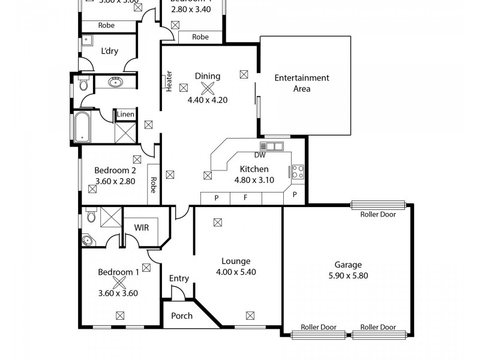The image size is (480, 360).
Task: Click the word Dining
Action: [x=208, y=76]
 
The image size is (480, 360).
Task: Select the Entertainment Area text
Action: [x=301, y=83]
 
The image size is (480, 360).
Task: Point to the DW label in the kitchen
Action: [x=260, y=154]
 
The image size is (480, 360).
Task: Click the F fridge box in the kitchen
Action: [x=245, y=196]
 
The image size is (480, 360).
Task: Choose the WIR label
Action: [x=142, y=228]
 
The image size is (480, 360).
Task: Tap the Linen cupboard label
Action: [x=125, y=114]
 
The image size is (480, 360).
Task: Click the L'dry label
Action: [x=109, y=51]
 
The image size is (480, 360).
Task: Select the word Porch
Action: [x=182, y=316]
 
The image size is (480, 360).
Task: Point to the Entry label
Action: [x=179, y=278]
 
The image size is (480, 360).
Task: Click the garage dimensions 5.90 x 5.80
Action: [x=347, y=275]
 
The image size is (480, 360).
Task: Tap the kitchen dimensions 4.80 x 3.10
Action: [x=254, y=179]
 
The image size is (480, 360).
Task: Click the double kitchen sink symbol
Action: [x=271, y=146]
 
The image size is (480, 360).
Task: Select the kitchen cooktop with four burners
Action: [x=298, y=172]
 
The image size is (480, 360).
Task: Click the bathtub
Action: [x=83, y=127]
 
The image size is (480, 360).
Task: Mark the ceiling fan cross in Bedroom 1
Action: [x=119, y=283]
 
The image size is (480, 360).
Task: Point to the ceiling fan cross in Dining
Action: [x=208, y=88]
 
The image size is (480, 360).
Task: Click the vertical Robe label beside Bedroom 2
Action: [x=154, y=185]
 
